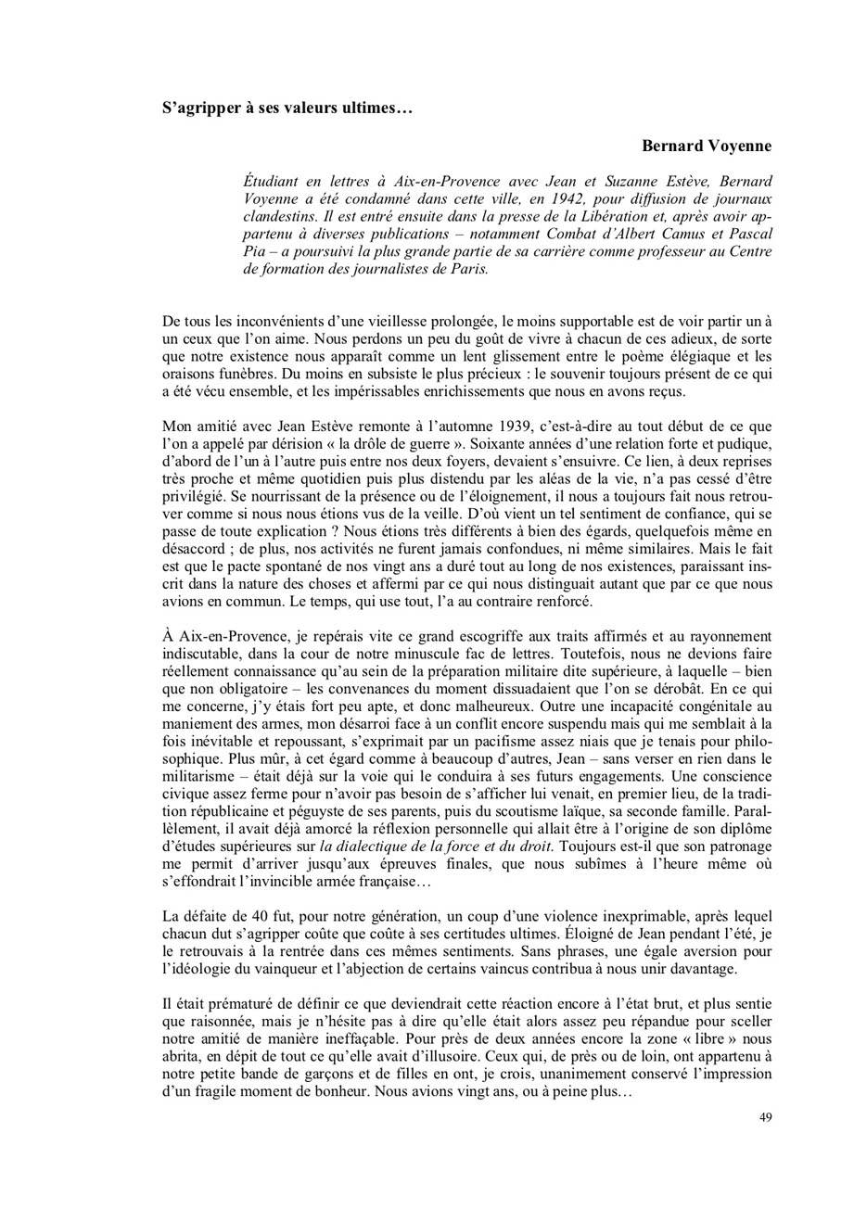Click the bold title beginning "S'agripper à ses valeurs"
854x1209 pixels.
(x=287, y=108)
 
